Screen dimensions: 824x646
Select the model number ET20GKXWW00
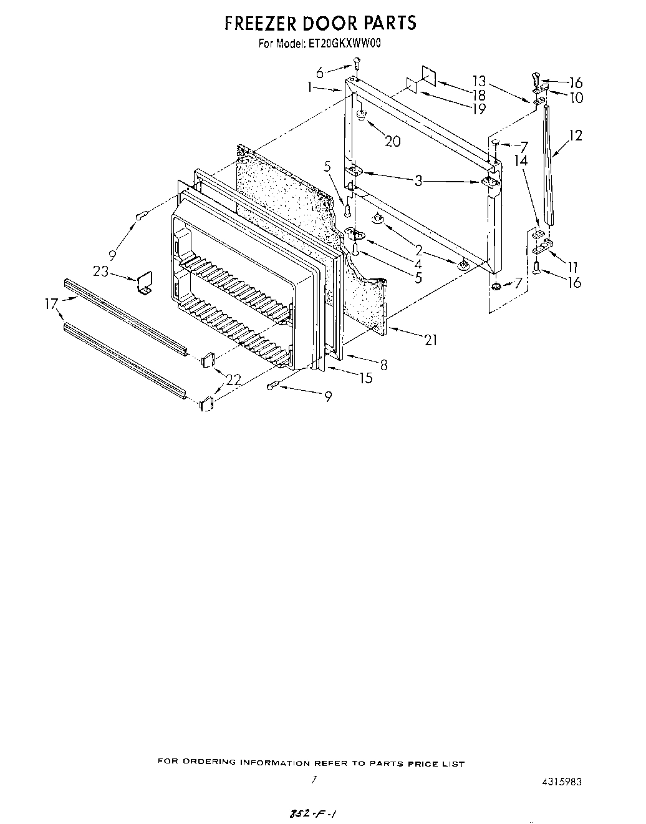[x=345, y=44]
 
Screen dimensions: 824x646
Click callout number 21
[x=430, y=340]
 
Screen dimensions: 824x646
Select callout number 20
[x=392, y=141]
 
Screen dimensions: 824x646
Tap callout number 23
[x=101, y=271]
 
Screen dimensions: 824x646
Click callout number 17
[x=52, y=305]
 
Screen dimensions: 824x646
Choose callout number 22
[x=233, y=379]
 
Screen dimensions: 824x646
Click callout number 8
[x=383, y=365]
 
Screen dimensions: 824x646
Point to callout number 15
[x=365, y=378]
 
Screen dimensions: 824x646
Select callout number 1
[x=310, y=88]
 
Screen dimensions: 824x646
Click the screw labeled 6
[x=357, y=62]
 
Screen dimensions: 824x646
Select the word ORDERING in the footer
[x=211, y=763]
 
